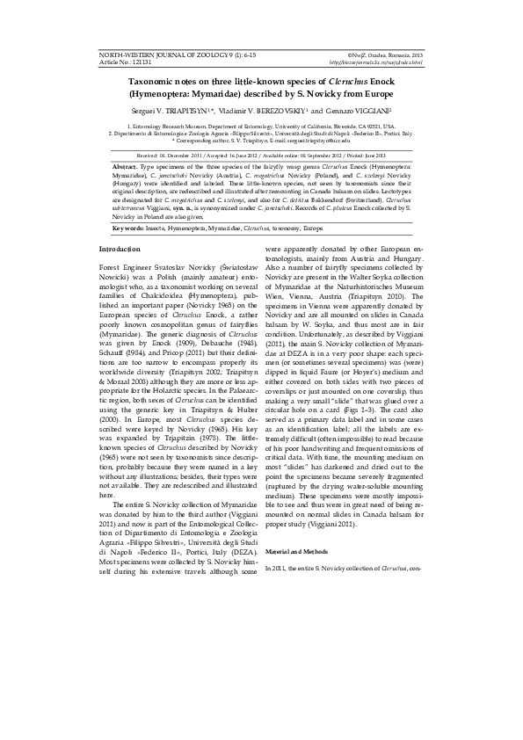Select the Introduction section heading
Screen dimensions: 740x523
coord(120,250)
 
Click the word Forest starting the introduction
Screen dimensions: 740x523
coord(113,265)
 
